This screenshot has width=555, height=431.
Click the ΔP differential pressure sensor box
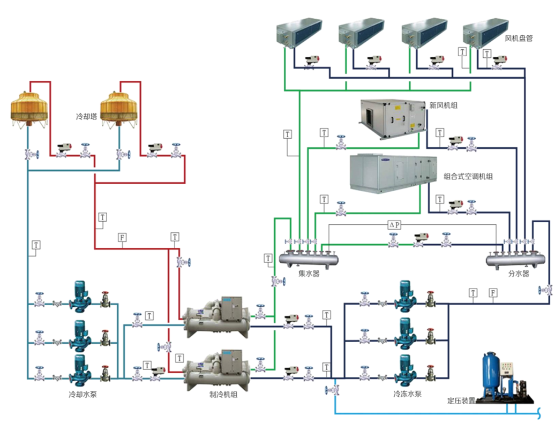tap(394, 225)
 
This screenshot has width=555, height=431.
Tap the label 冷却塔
tap(86, 116)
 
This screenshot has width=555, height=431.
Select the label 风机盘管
tap(519, 39)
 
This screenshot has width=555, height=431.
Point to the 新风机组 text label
tap(443, 106)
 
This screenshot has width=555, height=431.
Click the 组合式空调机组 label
tap(468, 176)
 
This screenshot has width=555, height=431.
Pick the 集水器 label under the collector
tap(309, 274)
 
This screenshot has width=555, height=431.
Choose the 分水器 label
tap(518, 274)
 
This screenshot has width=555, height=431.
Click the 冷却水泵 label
tap(82, 395)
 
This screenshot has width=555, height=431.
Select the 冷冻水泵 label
tap(407, 395)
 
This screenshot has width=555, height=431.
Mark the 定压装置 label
tap(461, 400)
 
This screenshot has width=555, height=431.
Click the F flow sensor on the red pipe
tap(122, 237)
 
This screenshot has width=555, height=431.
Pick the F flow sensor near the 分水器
tap(493, 293)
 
